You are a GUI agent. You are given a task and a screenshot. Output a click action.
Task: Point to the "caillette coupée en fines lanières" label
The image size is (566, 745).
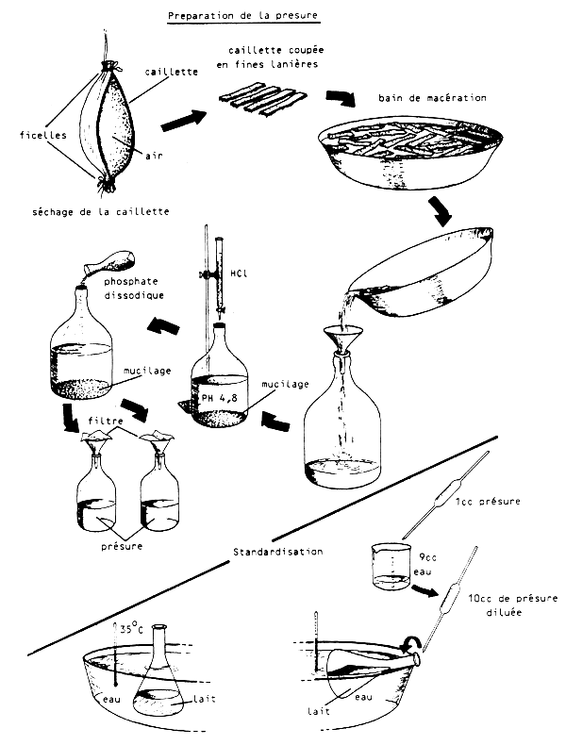tap(267, 56)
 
